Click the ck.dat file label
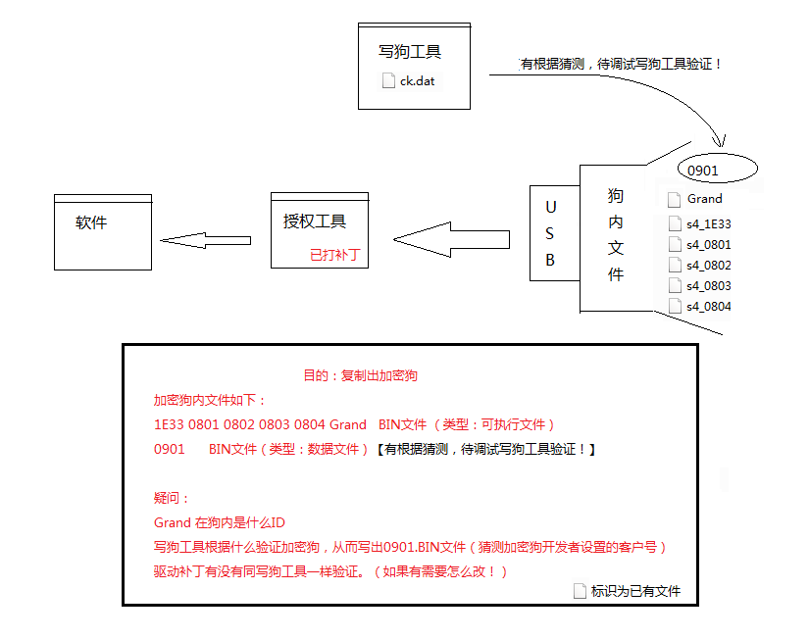click(416, 81)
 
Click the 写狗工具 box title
click(410, 52)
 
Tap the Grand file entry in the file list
click(703, 199)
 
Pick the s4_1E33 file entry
click(707, 223)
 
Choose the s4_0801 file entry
click(707, 244)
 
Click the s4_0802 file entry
click(707, 265)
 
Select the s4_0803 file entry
click(707, 285)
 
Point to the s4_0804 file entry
click(707, 306)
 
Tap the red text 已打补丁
click(334, 255)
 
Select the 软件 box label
click(91, 222)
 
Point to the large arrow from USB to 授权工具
click(451, 238)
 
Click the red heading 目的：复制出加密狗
click(361, 375)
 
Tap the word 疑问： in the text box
click(172, 498)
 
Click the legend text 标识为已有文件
click(634, 591)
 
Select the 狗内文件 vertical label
click(615, 235)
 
